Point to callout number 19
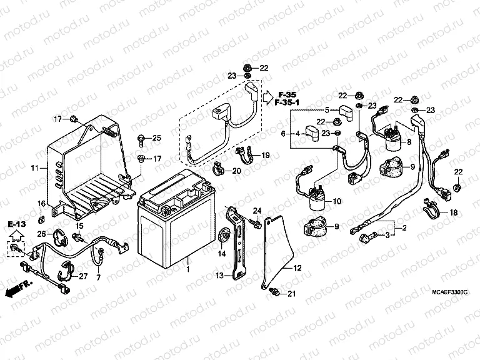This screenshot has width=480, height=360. coord(265,155)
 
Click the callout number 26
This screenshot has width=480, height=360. coord(41,234)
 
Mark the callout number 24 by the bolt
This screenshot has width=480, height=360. coord(256,209)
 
